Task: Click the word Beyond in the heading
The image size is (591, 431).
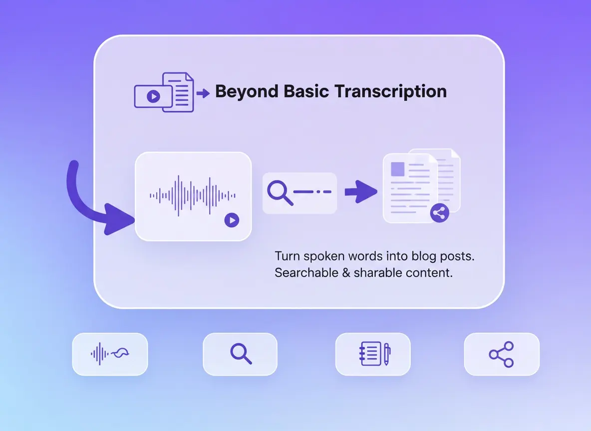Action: tap(247, 92)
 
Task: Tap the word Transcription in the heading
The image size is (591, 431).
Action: tap(390, 92)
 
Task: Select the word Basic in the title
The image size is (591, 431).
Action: tap(306, 91)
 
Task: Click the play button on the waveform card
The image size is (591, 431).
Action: tap(232, 220)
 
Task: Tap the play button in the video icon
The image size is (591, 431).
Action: tap(153, 96)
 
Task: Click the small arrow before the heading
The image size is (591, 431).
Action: tap(203, 93)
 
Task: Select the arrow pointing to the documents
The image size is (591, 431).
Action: tap(361, 192)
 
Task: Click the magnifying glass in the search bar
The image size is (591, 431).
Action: tap(280, 193)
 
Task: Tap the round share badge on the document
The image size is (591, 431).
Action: tap(439, 213)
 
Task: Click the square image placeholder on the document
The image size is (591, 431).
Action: tap(398, 169)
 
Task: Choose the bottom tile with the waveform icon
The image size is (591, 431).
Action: tap(110, 354)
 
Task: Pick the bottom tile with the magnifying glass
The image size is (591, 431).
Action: tap(240, 354)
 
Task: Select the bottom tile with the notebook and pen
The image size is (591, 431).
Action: tap(373, 354)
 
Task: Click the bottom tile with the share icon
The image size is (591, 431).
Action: tap(502, 354)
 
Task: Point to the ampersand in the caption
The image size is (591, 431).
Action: tap(346, 273)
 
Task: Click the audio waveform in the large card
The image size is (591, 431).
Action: tap(193, 196)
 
